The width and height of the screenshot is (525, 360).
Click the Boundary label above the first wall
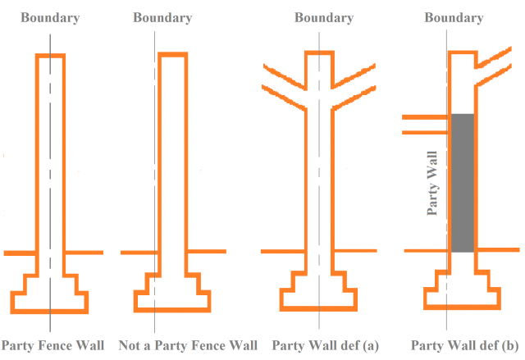tap(50, 17)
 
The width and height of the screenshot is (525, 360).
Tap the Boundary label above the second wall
tap(162, 17)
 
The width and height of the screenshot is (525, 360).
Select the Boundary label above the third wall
tap(324, 17)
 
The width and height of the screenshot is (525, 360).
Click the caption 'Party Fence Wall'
tap(53, 345)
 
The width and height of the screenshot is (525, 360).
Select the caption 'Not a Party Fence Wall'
tap(188, 345)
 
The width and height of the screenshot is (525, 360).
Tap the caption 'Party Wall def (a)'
tap(325, 345)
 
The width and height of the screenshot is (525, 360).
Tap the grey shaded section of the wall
tap(463, 182)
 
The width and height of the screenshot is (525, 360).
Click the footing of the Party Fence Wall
tap(50, 294)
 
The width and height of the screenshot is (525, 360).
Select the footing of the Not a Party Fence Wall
tap(171, 294)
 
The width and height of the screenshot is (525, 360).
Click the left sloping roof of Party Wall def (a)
tap(282, 81)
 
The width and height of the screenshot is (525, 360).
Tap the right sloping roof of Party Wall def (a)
tap(354, 81)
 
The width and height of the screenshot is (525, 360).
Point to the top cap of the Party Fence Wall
tap(50, 56)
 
